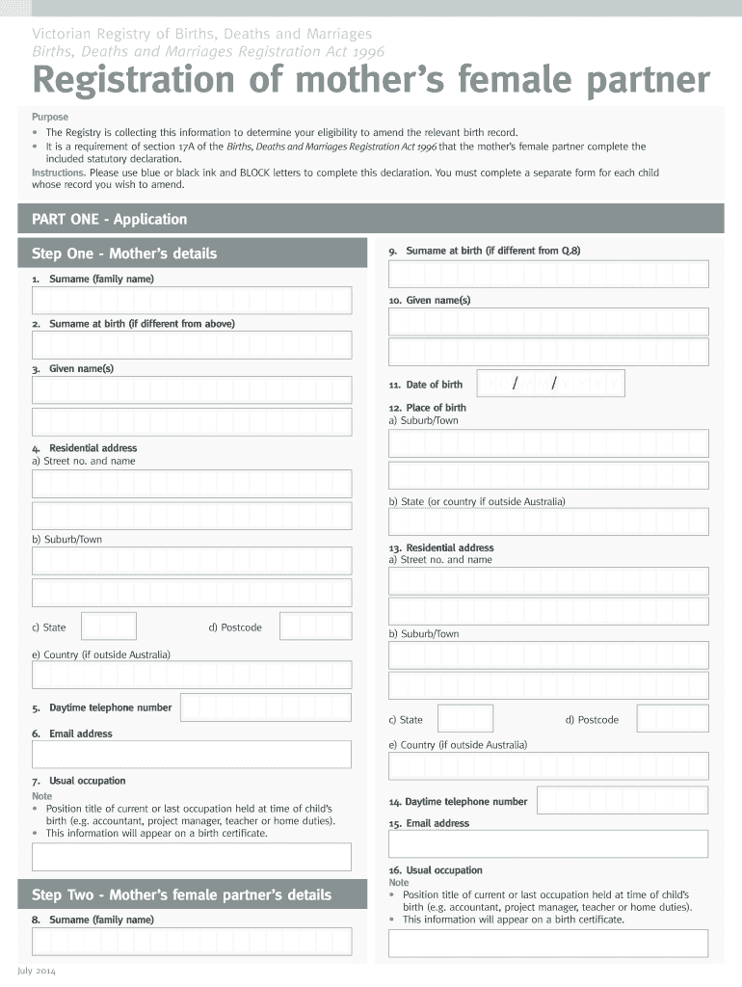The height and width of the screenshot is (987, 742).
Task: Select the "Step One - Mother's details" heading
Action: [x=124, y=253]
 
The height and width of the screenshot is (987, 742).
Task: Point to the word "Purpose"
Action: [x=50, y=117]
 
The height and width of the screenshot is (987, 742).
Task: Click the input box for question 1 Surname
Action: [x=192, y=300]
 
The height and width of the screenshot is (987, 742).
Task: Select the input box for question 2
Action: [x=192, y=345]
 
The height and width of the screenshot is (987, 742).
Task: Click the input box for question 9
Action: [x=548, y=274]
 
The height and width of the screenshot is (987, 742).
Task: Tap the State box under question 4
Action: [x=109, y=627]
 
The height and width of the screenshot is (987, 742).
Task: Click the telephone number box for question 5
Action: [x=265, y=707]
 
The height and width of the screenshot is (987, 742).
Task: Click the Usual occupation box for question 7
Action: [x=192, y=857]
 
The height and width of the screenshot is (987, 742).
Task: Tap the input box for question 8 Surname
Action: [x=192, y=942]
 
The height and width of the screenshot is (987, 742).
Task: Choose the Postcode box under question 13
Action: [x=673, y=719]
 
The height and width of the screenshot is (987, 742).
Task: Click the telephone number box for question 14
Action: [x=622, y=801]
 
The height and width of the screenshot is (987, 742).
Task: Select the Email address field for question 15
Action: [x=548, y=843]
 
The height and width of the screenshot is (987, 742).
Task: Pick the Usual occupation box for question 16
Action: [x=548, y=943]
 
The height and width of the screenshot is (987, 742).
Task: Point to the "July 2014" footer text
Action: [x=37, y=971]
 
